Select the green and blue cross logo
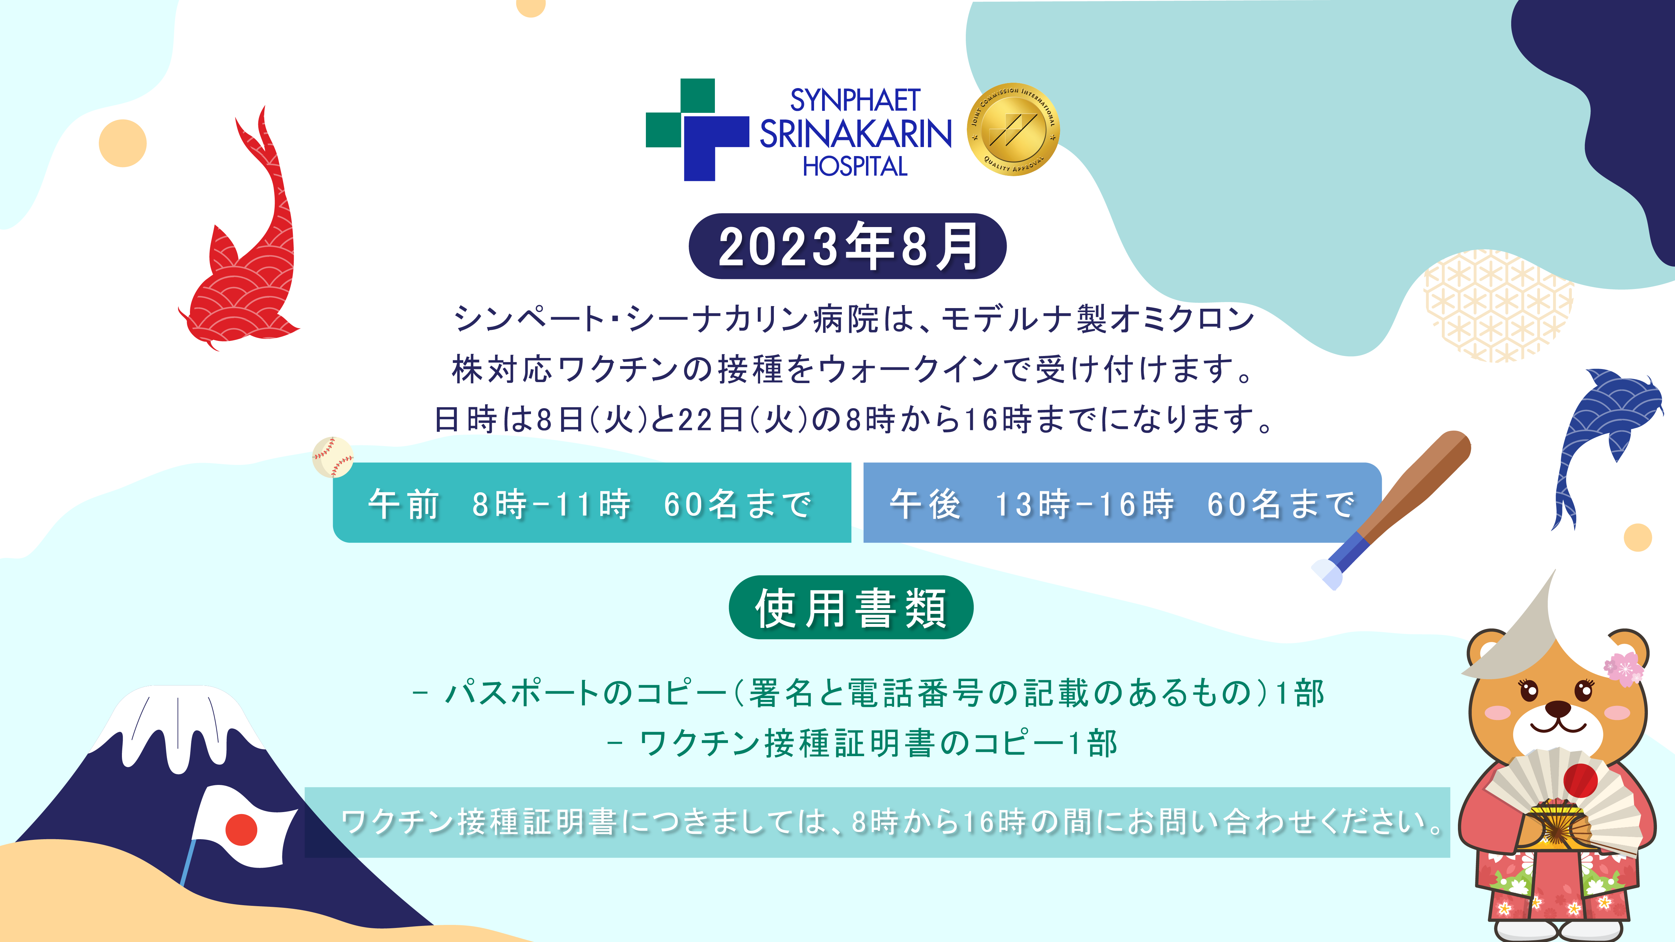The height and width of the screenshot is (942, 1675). [697, 129]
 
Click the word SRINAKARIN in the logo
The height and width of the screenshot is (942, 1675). [855, 134]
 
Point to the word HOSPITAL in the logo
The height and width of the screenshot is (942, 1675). [855, 166]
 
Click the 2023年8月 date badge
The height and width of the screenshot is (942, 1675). [847, 246]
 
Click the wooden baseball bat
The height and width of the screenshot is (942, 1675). [1392, 510]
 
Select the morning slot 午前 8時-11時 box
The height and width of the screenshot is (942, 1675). [592, 503]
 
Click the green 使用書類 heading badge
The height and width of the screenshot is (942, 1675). [851, 607]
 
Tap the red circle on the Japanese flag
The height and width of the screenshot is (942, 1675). [241, 829]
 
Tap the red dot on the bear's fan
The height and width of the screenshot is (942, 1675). [1580, 780]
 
